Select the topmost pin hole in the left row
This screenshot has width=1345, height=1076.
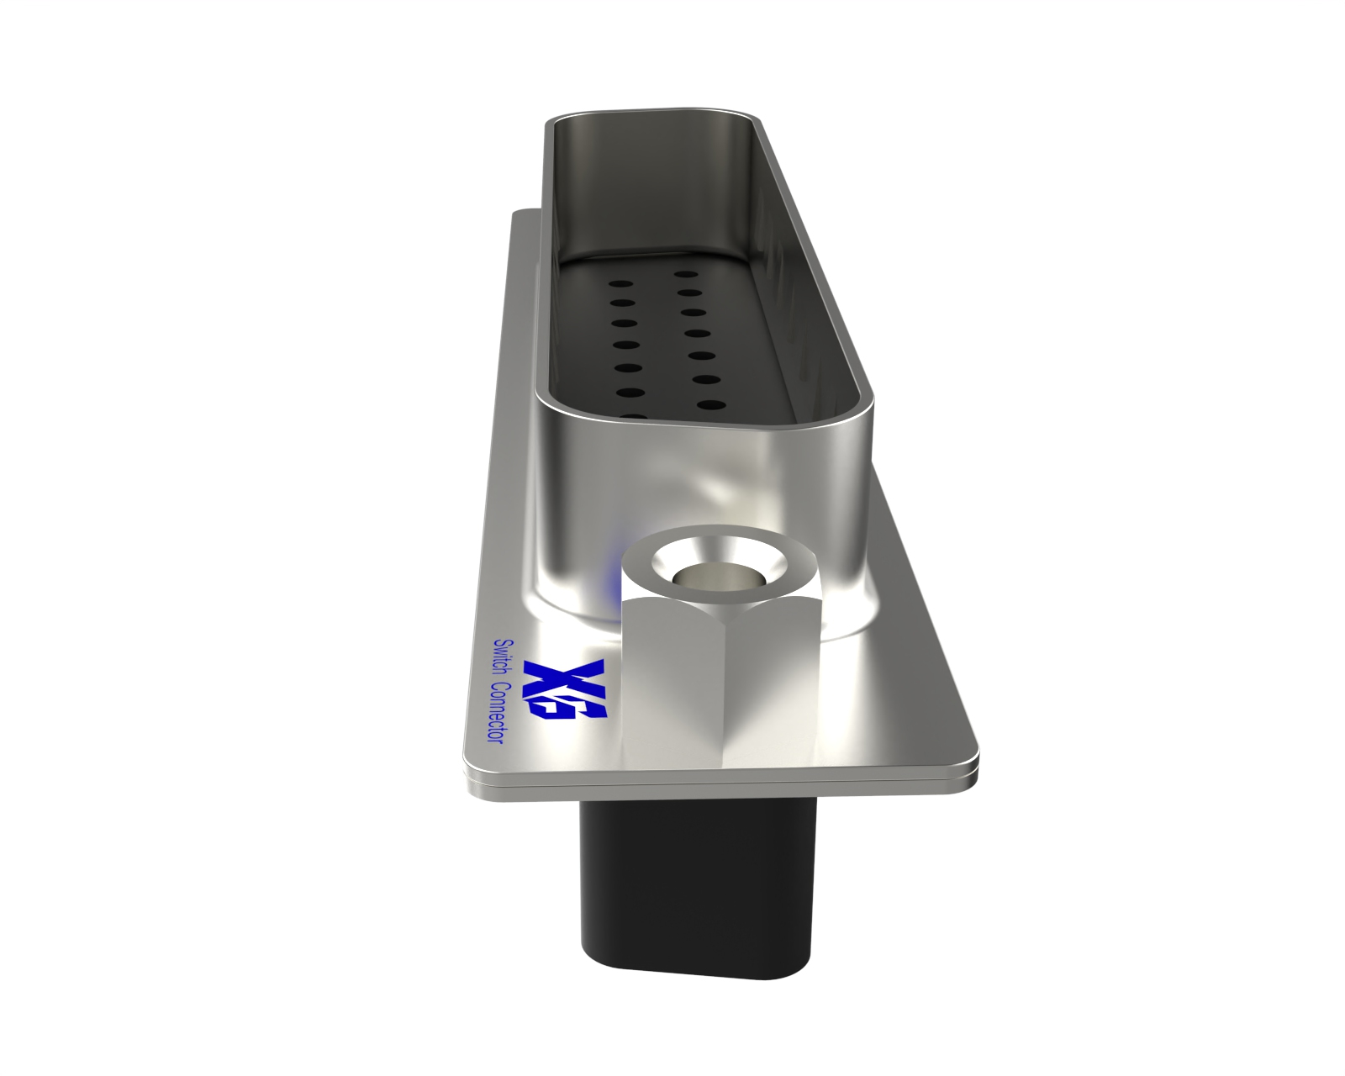(621, 284)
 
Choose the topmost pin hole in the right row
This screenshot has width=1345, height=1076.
(687, 274)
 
